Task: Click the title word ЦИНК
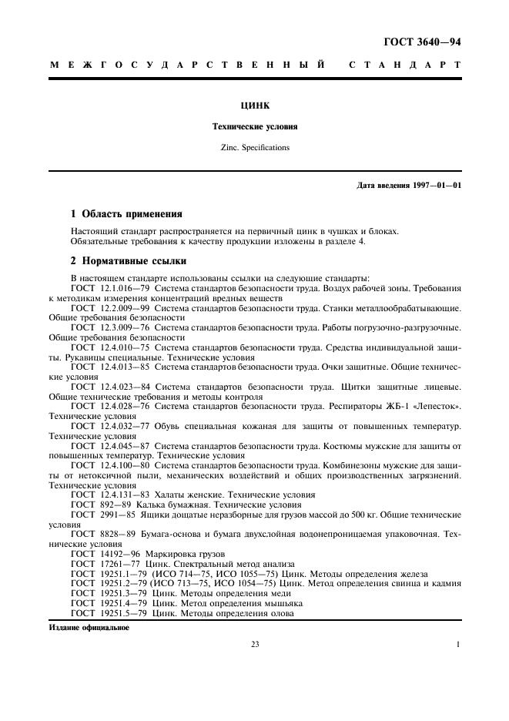pos(255,106)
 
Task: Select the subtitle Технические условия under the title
pos(255,126)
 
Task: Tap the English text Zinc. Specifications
pos(255,147)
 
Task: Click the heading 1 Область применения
pos(126,214)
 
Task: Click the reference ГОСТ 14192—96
pos(107,554)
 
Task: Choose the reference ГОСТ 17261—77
pos(107,564)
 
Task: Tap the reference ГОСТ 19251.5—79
pos(110,614)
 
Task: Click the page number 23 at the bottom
pos(255,645)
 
